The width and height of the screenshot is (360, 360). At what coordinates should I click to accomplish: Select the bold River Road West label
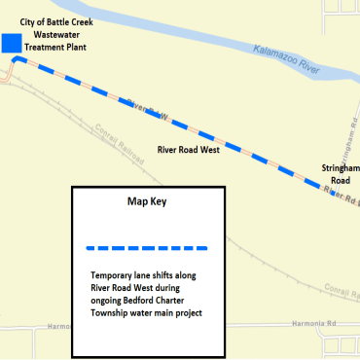pos(189,151)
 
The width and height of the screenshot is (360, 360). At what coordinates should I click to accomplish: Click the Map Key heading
pos(148,202)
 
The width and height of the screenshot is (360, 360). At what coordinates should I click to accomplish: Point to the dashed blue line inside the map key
pos(148,245)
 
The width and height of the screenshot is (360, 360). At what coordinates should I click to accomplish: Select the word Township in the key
pos(113,313)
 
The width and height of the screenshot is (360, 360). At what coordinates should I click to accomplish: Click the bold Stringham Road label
pos(341,174)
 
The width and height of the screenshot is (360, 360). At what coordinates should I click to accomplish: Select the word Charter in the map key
pos(187,301)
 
